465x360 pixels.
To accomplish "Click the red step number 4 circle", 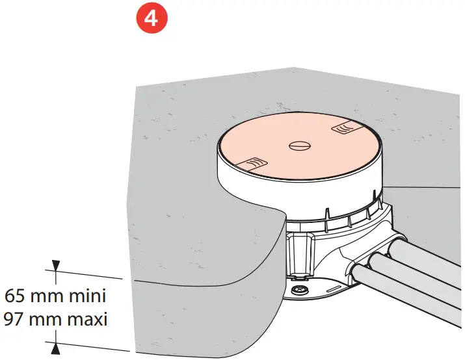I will coord(151,18).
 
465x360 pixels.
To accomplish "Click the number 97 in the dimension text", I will coord(18,319).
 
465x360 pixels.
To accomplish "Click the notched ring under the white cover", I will coord(338,218).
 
